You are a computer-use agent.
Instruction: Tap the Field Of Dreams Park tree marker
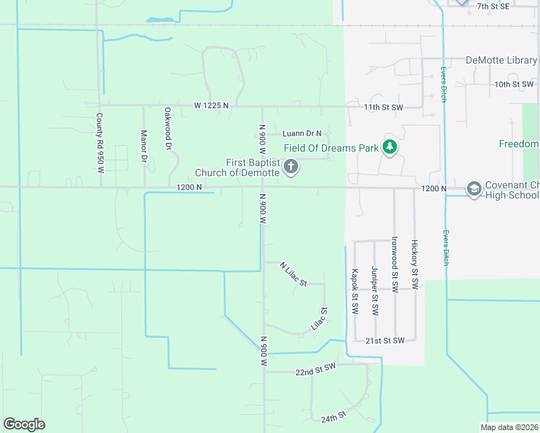(x=390, y=148)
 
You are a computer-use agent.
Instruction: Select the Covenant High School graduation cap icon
(x=474, y=189)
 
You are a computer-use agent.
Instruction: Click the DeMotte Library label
(x=501, y=61)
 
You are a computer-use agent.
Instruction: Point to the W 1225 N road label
(x=211, y=105)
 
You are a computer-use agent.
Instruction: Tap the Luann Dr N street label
(x=302, y=134)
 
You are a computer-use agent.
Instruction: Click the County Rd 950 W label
(x=100, y=142)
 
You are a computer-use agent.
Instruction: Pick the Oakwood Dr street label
(x=167, y=128)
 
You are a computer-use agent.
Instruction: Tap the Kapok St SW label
(x=354, y=292)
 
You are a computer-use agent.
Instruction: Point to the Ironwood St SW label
(x=394, y=263)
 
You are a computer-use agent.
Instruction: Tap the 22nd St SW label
(x=316, y=371)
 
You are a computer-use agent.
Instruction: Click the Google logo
(x=24, y=424)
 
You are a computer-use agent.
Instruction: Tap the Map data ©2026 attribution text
(x=509, y=427)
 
